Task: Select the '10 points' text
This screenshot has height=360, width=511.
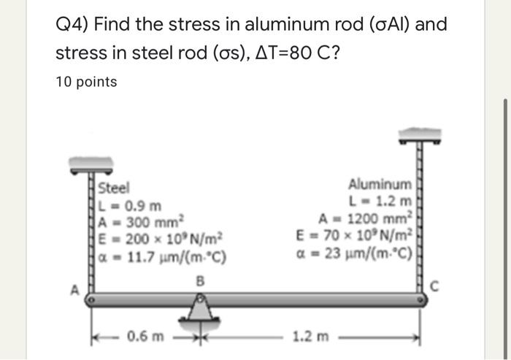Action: click(86, 82)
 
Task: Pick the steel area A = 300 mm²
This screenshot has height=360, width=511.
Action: click(145, 222)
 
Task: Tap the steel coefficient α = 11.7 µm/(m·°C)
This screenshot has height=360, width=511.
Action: click(163, 256)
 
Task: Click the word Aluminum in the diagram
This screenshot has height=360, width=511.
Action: click(380, 183)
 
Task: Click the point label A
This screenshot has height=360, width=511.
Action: click(72, 287)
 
